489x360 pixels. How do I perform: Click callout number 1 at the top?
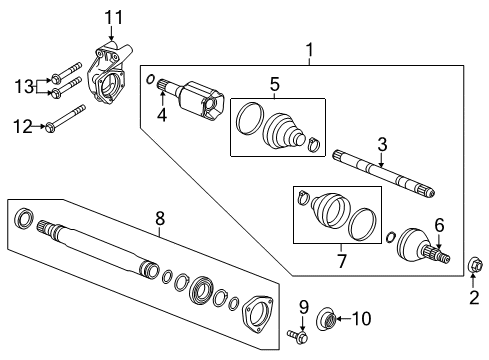pos(309,48)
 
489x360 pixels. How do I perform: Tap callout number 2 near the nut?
pos(474,295)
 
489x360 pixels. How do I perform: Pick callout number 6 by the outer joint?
pos(437,225)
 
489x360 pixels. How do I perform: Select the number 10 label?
pos(362,319)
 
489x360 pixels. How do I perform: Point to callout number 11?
pos(113,17)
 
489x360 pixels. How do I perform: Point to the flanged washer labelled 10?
pos(326,320)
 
